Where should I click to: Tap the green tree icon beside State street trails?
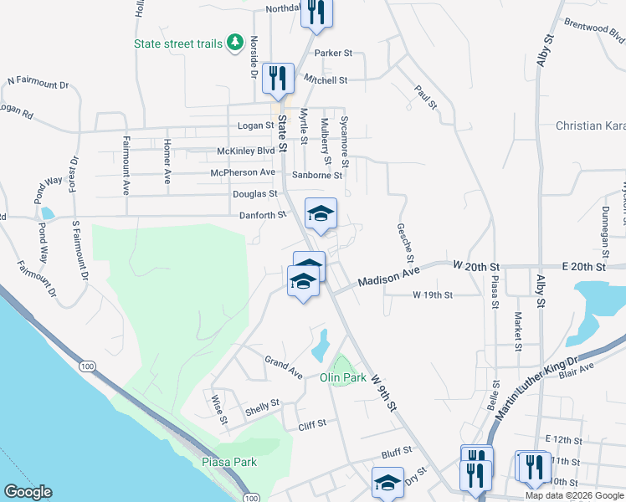point(235,42)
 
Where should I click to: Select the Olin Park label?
point(343,377)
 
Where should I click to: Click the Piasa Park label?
point(229,462)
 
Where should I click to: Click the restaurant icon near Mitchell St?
point(278,78)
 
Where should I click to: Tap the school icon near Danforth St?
point(321,213)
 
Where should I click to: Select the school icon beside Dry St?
point(387,482)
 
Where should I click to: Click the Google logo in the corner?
point(28,492)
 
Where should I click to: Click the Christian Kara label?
point(590,125)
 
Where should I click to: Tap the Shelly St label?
point(262,407)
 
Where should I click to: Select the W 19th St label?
point(433,295)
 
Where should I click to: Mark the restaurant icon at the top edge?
point(318,12)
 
